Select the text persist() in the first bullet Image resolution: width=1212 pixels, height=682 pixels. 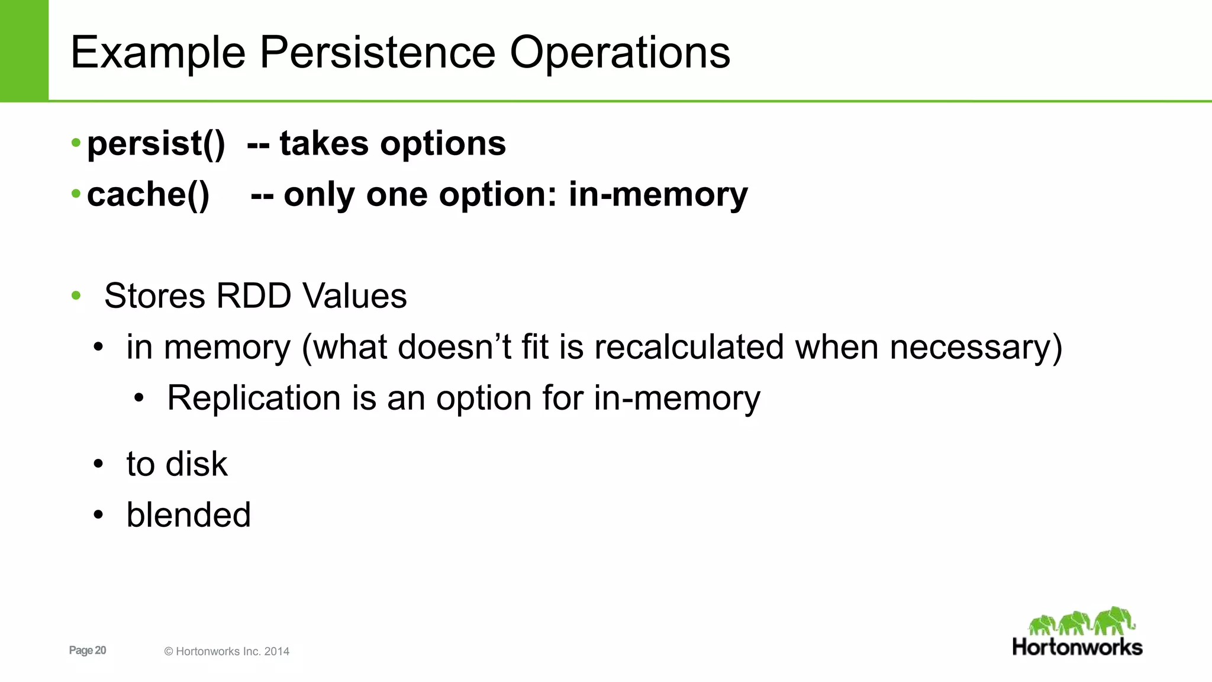tap(156, 144)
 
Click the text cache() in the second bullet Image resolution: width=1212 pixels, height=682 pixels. tap(148, 195)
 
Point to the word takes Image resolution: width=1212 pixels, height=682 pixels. tap(324, 144)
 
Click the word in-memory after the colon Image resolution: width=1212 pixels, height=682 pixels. tap(657, 195)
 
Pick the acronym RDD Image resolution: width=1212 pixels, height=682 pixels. tap(253, 296)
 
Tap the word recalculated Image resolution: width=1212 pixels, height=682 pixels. tap(689, 347)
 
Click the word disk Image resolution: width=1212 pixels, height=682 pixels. tap(196, 464)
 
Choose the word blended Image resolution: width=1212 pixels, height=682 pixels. tap(188, 514)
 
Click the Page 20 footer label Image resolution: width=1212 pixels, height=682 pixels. tap(88, 650)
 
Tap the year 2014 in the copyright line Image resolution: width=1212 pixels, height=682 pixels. tap(276, 651)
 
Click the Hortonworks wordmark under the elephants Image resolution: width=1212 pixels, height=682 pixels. tap(1077, 647)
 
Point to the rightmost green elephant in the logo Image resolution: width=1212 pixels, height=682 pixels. tap(1114, 620)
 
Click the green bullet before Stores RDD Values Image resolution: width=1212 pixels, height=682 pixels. tap(76, 296)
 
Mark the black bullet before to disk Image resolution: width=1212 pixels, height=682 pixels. tap(98, 464)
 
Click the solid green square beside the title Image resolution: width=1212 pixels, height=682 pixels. tap(24, 50)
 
